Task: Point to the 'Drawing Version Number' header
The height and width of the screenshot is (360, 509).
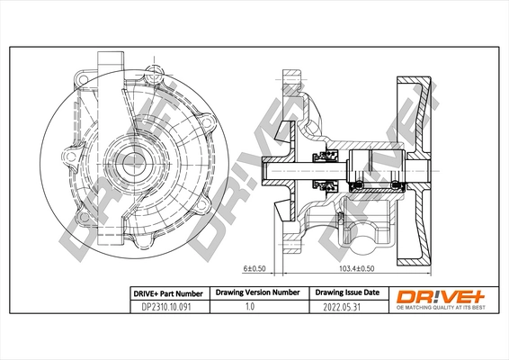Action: (x=256, y=293)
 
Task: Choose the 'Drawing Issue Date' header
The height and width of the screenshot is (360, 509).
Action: (x=346, y=293)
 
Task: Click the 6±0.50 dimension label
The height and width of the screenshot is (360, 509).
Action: (x=256, y=267)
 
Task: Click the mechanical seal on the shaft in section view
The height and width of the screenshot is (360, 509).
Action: (x=325, y=169)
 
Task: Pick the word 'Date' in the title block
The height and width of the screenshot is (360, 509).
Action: (x=370, y=293)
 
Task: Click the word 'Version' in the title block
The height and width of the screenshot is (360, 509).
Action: (x=259, y=293)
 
